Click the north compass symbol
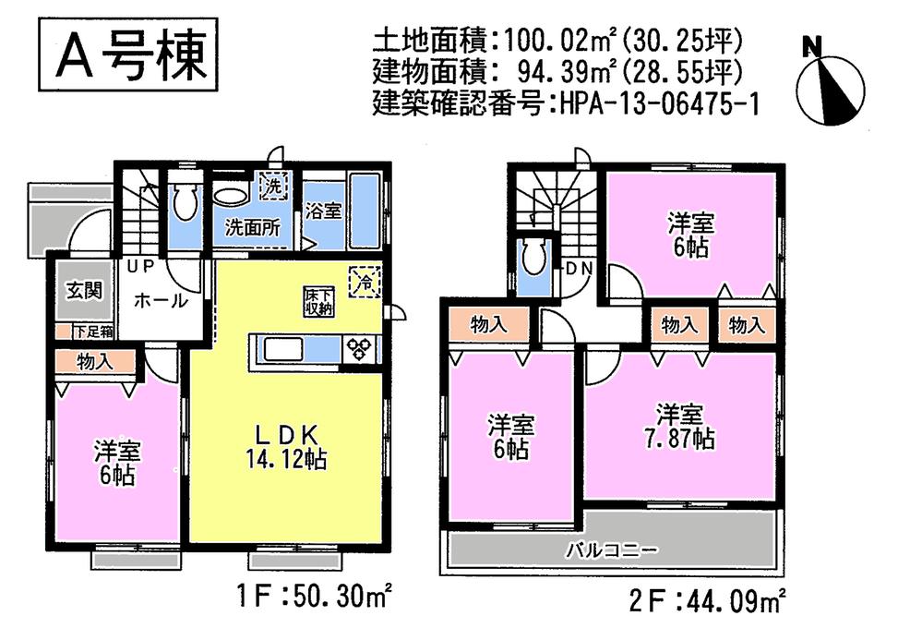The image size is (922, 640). [830, 88]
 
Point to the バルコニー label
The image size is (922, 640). [612, 551]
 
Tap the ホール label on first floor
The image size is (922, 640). [161, 300]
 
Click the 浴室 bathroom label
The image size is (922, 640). [323, 210]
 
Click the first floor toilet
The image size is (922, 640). [185, 202]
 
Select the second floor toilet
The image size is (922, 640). [533, 259]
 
